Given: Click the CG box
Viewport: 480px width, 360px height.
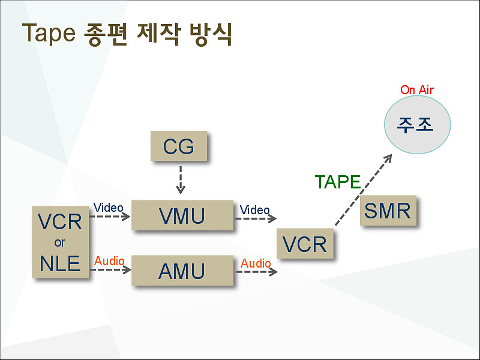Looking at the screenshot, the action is pyautogui.click(x=179, y=146).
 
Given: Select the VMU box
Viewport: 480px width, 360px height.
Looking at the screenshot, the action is pyautogui.click(x=182, y=215).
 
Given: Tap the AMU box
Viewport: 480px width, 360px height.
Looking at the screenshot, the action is pyautogui.click(x=182, y=271).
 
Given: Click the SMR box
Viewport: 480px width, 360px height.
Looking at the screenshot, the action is pyautogui.click(x=388, y=211).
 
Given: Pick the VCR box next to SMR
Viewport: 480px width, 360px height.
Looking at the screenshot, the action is pyautogui.click(x=305, y=244).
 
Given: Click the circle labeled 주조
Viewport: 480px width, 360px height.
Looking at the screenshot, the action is pyautogui.click(x=417, y=125).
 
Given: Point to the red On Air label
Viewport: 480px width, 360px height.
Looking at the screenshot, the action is pyautogui.click(x=417, y=90).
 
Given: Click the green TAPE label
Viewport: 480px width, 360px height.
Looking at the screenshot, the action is pyautogui.click(x=338, y=182).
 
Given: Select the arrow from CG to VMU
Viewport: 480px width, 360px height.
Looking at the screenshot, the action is pyautogui.click(x=181, y=180).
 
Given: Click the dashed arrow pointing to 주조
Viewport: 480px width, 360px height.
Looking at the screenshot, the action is pyautogui.click(x=364, y=190).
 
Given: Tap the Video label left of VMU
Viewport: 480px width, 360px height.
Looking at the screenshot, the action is pyautogui.click(x=109, y=208).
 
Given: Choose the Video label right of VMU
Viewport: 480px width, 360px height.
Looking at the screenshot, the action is pyautogui.click(x=254, y=210).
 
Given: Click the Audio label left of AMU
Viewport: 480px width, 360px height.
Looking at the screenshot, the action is pyautogui.click(x=109, y=261).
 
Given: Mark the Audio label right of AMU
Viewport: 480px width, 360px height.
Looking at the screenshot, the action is pyautogui.click(x=256, y=263).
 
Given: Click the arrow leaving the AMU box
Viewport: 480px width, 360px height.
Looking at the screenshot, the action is pyautogui.click(x=257, y=272).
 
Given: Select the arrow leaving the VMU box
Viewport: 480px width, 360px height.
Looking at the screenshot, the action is pyautogui.click(x=256, y=218).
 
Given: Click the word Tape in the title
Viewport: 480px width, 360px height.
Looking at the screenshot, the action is pyautogui.click(x=49, y=33).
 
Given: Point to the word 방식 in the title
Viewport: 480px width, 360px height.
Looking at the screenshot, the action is pyautogui.click(x=211, y=34).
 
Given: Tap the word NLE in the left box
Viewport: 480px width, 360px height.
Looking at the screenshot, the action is pyautogui.click(x=60, y=263).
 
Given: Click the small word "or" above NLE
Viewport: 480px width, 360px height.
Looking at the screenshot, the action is pyautogui.click(x=59, y=243).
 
